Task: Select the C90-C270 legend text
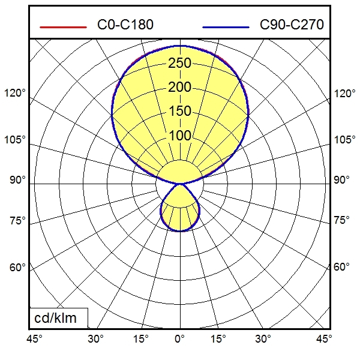click(x=292, y=25)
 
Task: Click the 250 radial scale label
click(x=179, y=64)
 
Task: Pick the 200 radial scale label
click(x=179, y=88)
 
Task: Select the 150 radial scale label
click(x=179, y=112)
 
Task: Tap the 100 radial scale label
click(x=179, y=136)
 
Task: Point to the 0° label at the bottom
click(x=179, y=339)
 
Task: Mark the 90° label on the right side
click(x=341, y=180)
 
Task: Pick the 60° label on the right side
click(x=341, y=267)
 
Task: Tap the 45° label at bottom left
click(x=35, y=339)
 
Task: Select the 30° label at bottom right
click(x=262, y=339)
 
